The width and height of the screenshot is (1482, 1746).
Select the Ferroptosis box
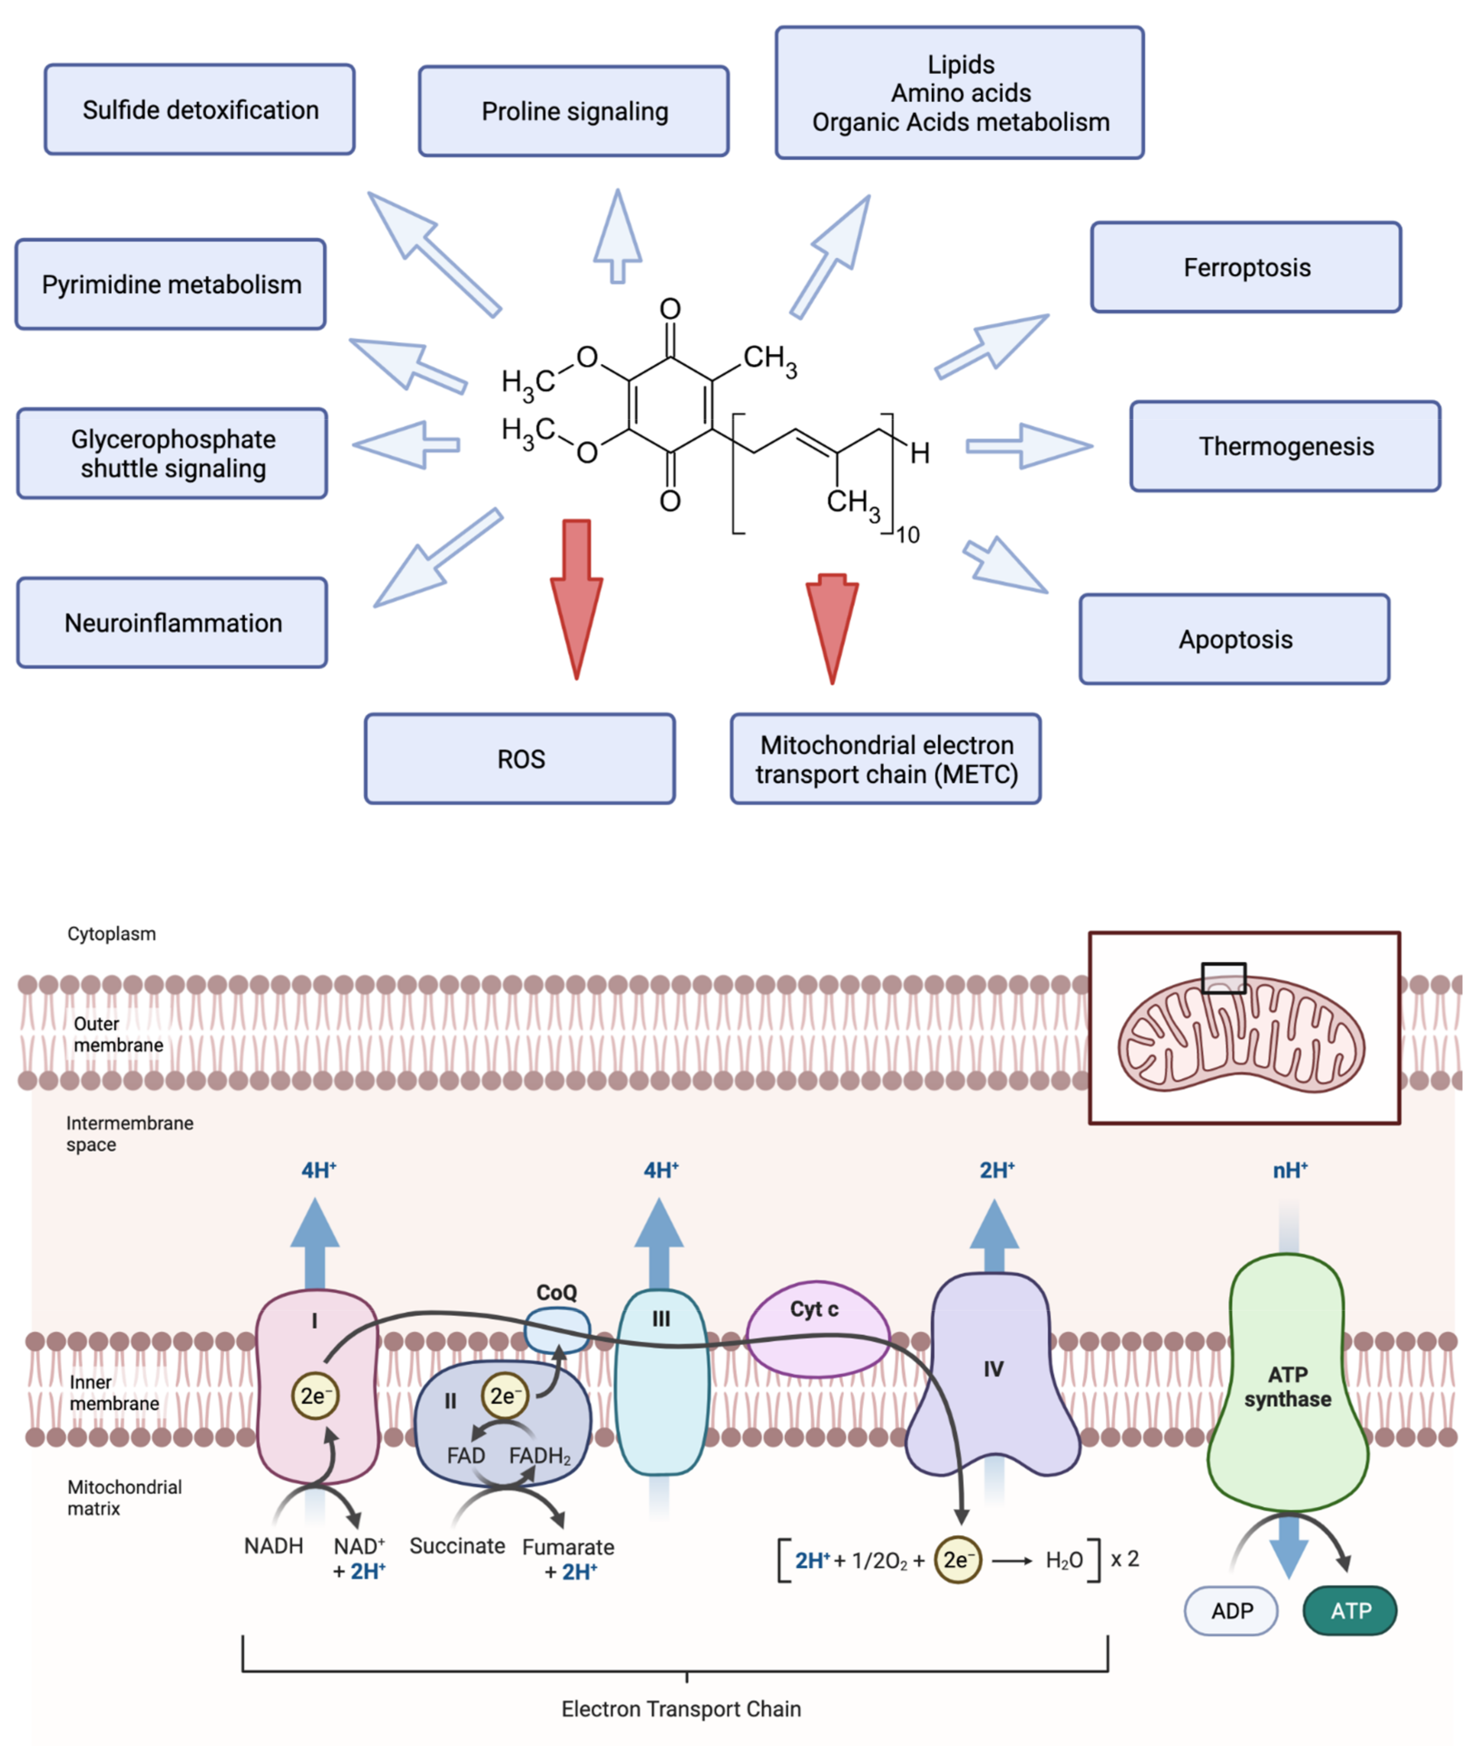point(1246,267)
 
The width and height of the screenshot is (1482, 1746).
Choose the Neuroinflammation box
point(172,623)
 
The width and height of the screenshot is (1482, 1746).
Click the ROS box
point(519,759)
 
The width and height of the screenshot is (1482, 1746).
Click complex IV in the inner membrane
point(993,1378)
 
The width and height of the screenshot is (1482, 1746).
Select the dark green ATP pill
point(1349,1611)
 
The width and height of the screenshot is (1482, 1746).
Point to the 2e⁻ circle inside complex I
point(315,1396)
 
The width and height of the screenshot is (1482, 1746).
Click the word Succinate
point(457,1546)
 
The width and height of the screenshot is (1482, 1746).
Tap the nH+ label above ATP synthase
point(1290,1170)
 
